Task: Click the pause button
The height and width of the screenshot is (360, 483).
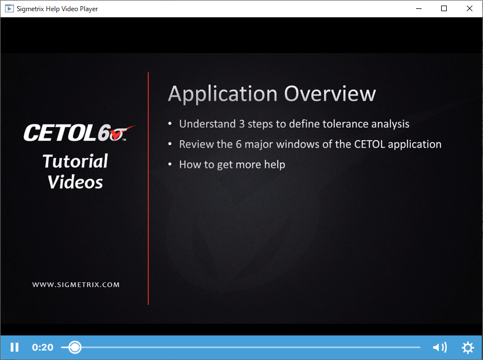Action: point(15,347)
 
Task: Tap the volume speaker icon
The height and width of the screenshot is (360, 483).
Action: point(439,347)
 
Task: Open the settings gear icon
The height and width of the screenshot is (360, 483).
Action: point(467,347)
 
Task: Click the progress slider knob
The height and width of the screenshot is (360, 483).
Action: point(75,347)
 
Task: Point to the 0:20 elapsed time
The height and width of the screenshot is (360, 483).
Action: point(42,347)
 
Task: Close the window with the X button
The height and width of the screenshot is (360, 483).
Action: point(469,8)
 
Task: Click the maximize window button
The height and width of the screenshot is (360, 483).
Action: point(443,8)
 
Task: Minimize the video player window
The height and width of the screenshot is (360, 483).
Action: point(419,8)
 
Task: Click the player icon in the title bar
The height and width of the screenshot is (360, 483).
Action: point(9,8)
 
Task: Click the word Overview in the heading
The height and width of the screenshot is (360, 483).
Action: point(329,94)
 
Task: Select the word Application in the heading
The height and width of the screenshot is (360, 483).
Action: point(222,94)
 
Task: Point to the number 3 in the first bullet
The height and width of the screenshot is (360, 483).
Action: point(242,124)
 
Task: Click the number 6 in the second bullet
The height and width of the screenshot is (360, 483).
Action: point(239,144)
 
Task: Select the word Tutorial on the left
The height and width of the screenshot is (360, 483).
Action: point(75,161)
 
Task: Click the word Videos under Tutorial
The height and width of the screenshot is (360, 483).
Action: point(75,182)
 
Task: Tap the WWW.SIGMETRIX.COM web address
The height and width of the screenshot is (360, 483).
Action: point(76,285)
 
